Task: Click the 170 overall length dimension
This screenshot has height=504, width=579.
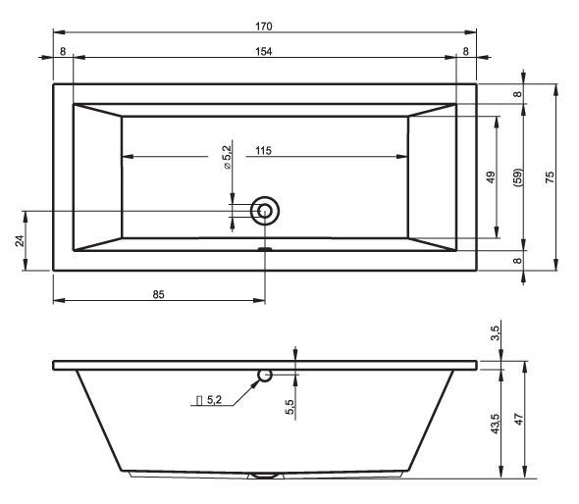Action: (264, 26)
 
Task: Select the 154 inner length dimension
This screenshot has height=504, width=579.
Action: (264, 51)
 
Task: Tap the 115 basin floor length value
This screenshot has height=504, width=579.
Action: (263, 151)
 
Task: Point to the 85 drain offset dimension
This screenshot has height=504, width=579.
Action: (158, 294)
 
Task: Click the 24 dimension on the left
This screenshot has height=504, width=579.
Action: (20, 240)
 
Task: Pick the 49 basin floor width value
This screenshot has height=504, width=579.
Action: (491, 177)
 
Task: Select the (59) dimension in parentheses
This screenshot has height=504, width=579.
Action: (518, 177)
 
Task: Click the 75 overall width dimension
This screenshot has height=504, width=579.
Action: (550, 177)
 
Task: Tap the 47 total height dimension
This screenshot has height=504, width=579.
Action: (519, 419)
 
